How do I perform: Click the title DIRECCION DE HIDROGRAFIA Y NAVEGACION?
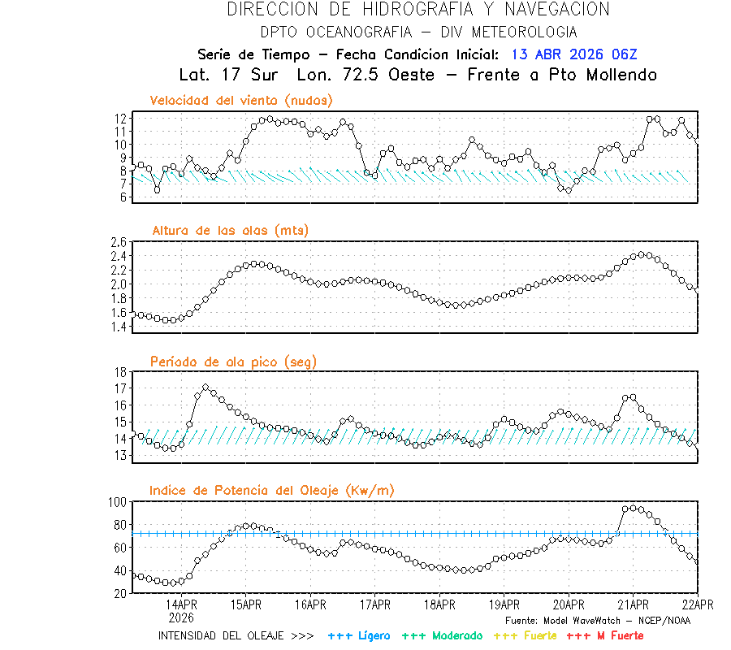tap(417, 10)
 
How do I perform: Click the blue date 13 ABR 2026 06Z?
tap(574, 54)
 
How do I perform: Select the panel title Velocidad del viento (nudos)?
tap(241, 100)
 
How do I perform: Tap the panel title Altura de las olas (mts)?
tap(230, 231)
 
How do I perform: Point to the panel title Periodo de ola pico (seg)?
tap(233, 361)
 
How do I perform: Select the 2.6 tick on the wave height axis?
tap(118, 242)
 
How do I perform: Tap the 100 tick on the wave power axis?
tap(116, 502)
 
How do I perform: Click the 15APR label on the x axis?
tap(245, 604)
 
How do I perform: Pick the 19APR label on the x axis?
tap(504, 604)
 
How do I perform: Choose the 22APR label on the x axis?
tap(697, 604)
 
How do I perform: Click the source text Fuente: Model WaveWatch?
tap(598, 620)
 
